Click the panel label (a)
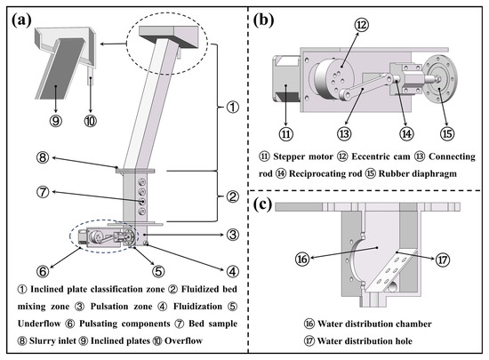22,20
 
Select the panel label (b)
263,20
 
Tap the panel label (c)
262,204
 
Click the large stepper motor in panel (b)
286,78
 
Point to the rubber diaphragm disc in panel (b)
440,78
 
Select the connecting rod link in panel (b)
365,86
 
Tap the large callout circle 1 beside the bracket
232,108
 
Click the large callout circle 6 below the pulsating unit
43,271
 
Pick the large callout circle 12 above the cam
362,25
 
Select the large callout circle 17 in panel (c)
443,260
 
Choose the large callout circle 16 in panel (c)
302,259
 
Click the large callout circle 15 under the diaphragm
447,134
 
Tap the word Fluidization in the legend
197,307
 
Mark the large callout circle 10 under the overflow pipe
91,121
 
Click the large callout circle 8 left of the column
43,157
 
